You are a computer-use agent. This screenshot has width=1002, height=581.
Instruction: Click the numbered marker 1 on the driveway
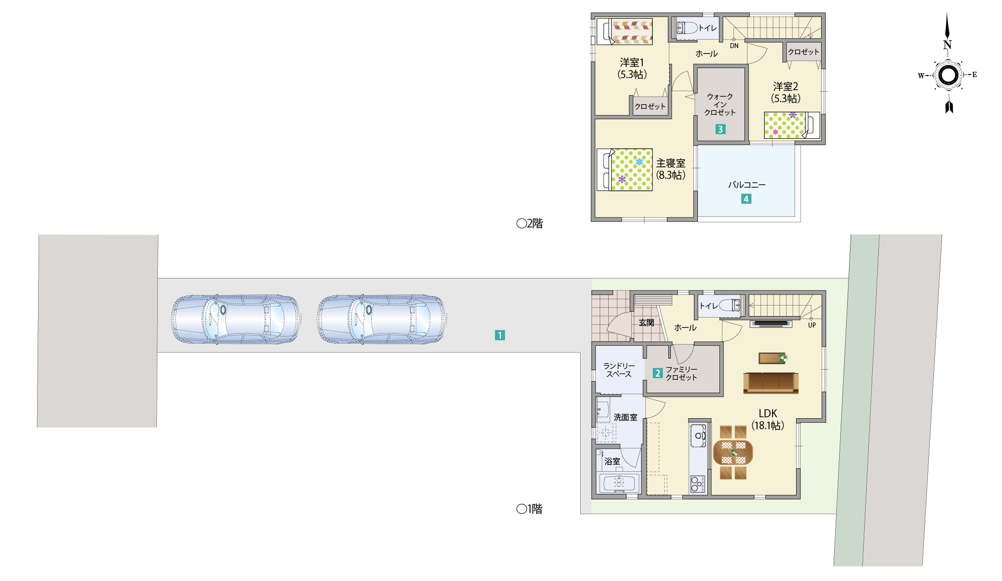click(x=499, y=335)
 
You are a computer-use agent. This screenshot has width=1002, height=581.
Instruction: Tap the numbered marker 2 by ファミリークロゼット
click(x=658, y=373)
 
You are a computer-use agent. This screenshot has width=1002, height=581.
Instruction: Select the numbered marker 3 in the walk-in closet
click(x=720, y=129)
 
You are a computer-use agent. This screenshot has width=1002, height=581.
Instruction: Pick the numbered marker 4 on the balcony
click(x=746, y=199)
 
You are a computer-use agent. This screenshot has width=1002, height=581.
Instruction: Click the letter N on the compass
click(x=947, y=45)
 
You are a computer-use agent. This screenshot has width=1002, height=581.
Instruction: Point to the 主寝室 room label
click(x=671, y=163)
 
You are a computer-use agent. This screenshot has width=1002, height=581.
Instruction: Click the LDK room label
click(x=768, y=413)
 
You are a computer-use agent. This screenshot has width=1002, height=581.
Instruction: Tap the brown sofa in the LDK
click(x=771, y=383)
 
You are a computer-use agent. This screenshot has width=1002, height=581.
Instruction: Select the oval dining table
click(x=733, y=452)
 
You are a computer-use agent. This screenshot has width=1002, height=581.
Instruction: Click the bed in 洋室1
click(x=625, y=32)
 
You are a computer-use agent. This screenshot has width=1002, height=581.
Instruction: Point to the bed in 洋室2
click(x=792, y=125)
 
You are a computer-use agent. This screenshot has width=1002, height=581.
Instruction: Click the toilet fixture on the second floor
click(x=687, y=28)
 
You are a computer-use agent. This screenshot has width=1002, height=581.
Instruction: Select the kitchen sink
click(x=698, y=435)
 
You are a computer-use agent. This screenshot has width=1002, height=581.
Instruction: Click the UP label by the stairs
click(x=812, y=325)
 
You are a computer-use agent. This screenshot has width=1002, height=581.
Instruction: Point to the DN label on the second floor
click(x=734, y=46)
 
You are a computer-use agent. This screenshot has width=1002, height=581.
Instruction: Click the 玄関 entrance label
click(x=646, y=323)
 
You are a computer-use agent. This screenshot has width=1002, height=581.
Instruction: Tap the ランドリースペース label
click(x=619, y=370)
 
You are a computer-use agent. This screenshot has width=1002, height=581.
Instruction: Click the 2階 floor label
click(x=530, y=223)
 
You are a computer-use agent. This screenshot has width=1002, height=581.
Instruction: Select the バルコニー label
click(x=746, y=185)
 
